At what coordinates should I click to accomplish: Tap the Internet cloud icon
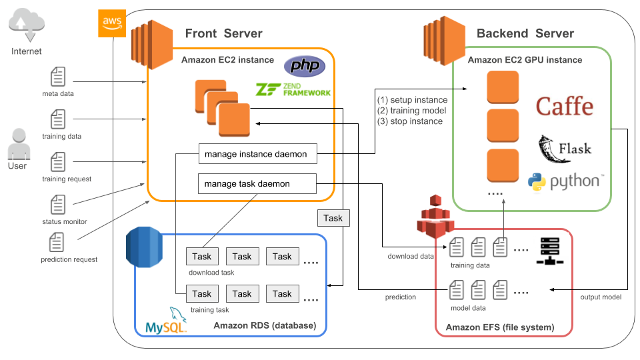(x=26, y=25)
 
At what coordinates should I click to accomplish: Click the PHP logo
(x=305, y=66)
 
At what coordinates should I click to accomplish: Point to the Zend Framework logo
(x=293, y=90)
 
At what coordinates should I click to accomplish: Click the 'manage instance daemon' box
(x=257, y=154)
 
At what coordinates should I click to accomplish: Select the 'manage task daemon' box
(x=257, y=183)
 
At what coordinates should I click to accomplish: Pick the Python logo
(x=566, y=181)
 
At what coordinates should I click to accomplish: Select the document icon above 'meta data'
(x=58, y=77)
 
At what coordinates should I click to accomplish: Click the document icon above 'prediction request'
(x=58, y=243)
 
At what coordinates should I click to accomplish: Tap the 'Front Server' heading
(x=223, y=33)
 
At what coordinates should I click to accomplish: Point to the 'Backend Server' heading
(x=525, y=33)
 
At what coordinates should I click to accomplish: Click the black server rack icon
(x=550, y=251)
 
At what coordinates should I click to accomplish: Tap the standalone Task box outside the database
(x=333, y=218)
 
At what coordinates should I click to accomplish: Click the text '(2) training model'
(x=411, y=111)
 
